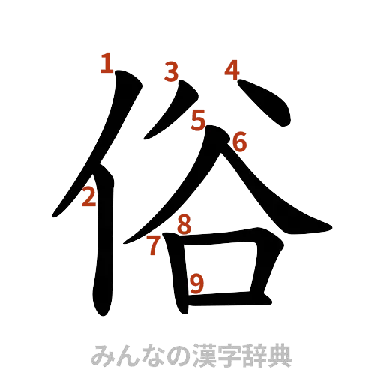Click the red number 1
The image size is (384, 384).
click(107, 64)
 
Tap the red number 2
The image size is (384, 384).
click(88, 197)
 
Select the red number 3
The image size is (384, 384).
click(172, 72)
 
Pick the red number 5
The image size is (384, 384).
click(198, 119)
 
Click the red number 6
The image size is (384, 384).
click(239, 140)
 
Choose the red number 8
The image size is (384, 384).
click(184, 223)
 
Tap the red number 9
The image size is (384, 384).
click(196, 283)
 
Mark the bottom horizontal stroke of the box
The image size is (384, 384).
click(225, 300)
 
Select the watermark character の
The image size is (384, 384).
click(163, 355)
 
